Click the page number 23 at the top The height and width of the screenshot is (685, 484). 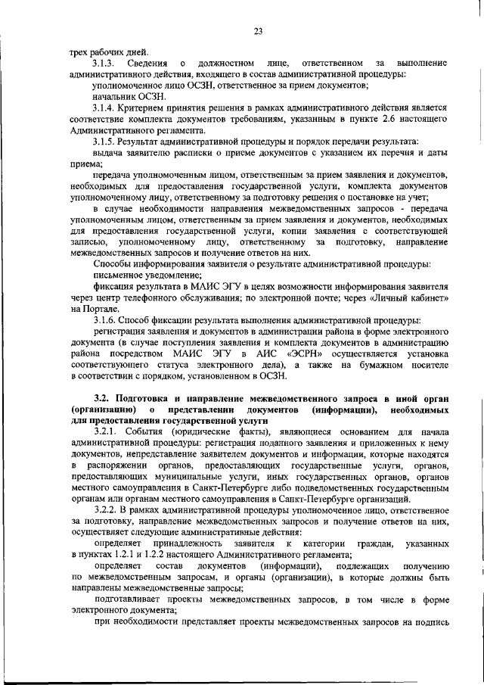258,31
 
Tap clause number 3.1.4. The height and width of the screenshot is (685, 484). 104,107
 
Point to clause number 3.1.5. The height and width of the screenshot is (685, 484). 104,142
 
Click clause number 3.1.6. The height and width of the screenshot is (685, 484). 104,321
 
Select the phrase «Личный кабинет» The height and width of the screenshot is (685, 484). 411,297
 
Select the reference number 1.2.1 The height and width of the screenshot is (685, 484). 145,556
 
